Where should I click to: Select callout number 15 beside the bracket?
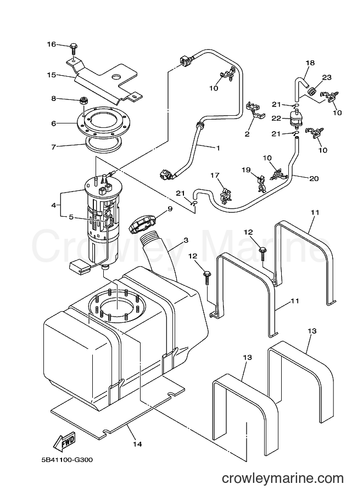tap(51, 75)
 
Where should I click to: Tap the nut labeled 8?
tap(84, 101)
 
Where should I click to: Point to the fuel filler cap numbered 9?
tap(142, 224)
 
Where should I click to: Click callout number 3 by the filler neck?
tap(186, 240)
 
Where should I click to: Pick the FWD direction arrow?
tap(64, 440)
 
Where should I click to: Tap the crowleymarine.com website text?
tap(283, 479)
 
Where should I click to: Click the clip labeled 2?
tap(255, 110)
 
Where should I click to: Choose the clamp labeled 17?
tap(226, 195)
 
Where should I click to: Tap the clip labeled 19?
tap(261, 184)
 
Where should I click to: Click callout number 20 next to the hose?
tap(314, 178)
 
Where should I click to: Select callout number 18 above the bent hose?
tap(310, 63)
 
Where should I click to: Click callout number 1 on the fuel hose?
tap(218, 148)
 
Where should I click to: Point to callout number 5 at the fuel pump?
tap(71, 217)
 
